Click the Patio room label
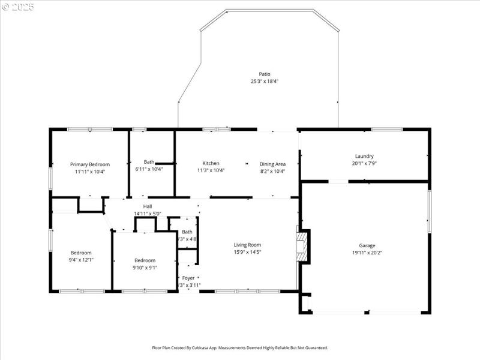pyautogui.click(x=265, y=74)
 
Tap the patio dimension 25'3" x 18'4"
pyautogui.click(x=265, y=82)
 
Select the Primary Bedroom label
pyautogui.click(x=90, y=164)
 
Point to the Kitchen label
pyautogui.click(x=211, y=163)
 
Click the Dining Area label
pyautogui.click(x=272, y=164)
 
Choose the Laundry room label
pyautogui.click(x=364, y=156)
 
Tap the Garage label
pyautogui.click(x=367, y=245)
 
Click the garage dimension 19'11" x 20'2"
pyautogui.click(x=367, y=253)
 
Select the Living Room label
pyautogui.click(x=247, y=245)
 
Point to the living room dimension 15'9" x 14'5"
pyautogui.click(x=247, y=252)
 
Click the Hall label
pyautogui.click(x=147, y=206)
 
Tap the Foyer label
pyautogui.click(x=188, y=278)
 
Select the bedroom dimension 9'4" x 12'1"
pyautogui.click(x=82, y=260)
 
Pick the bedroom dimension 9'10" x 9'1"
pyautogui.click(x=145, y=268)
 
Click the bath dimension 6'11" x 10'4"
pyautogui.click(x=149, y=169)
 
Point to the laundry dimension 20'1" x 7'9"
pyautogui.click(x=364, y=163)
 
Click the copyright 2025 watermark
pyautogui.click(x=18, y=7)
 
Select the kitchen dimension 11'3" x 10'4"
pyautogui.click(x=211, y=170)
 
